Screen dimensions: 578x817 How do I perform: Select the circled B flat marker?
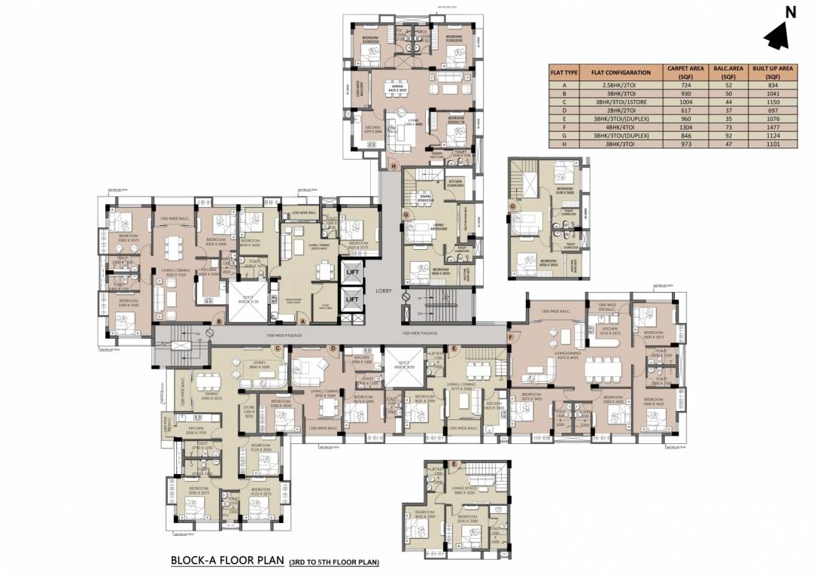(218, 322)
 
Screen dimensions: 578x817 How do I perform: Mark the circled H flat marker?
(393, 165)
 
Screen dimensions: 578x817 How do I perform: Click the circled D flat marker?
(333, 348)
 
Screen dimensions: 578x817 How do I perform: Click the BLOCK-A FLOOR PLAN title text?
(226, 561)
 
